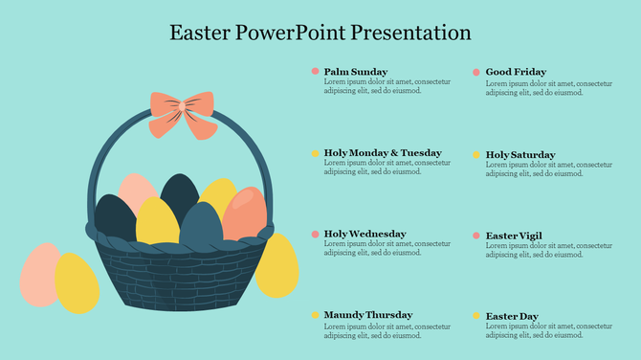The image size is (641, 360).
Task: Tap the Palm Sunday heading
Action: pos(356,72)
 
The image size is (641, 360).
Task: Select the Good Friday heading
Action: pos(516,72)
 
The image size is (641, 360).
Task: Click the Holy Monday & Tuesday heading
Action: pos(383,153)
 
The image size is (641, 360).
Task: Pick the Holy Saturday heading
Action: pos(519,154)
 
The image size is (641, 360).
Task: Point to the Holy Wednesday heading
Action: pos(365,234)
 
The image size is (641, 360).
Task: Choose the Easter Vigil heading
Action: pos(514,235)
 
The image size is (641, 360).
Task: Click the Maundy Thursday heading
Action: pos(368,315)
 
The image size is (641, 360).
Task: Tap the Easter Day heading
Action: pos(511,316)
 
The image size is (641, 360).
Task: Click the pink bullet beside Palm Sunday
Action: pos(315,72)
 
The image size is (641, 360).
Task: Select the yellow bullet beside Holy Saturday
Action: pos(475,154)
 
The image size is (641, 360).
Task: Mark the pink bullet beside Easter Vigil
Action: pos(475,235)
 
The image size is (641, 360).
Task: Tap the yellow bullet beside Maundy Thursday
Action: pos(315,315)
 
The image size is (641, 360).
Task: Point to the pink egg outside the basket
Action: pos(38,274)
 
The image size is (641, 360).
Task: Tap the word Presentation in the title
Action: pos(411,33)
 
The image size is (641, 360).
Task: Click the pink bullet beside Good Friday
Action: pos(475,72)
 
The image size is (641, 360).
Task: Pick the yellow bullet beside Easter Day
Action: pos(475,316)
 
